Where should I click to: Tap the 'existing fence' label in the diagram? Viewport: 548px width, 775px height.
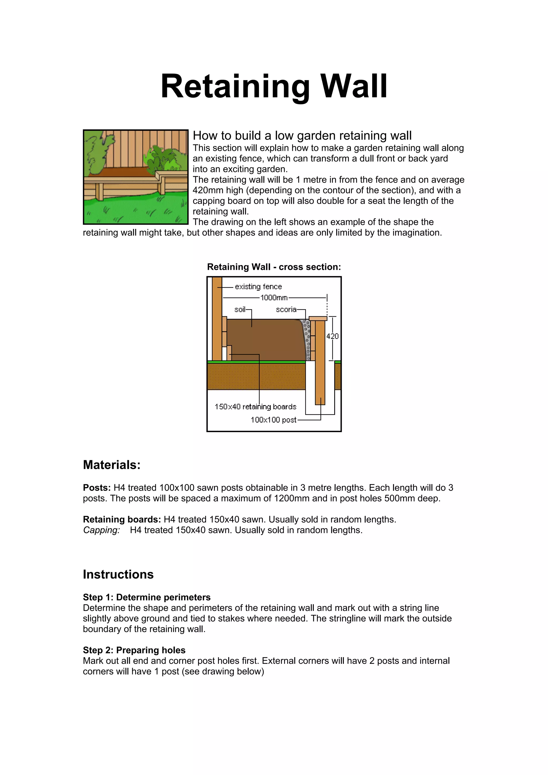(x=258, y=287)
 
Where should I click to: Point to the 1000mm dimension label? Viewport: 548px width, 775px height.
(x=274, y=298)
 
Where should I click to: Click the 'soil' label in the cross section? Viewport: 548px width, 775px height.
(x=240, y=309)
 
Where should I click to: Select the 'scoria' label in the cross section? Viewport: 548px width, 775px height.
(x=286, y=309)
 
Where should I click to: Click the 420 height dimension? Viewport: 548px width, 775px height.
(x=332, y=336)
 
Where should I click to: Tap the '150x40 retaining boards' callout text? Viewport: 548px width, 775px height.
(x=255, y=407)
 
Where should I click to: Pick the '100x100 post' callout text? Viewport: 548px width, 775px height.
(x=273, y=420)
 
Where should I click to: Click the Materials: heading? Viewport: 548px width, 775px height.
(x=111, y=465)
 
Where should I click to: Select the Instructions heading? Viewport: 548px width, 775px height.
(x=118, y=574)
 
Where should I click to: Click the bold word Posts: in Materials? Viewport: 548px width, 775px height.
(x=97, y=488)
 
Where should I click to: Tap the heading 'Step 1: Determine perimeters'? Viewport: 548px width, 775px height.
(x=147, y=597)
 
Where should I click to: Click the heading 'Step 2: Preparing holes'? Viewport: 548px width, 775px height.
(x=134, y=650)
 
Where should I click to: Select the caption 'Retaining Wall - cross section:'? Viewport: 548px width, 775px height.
(x=274, y=267)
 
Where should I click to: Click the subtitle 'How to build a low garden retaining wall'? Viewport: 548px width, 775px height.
(x=302, y=136)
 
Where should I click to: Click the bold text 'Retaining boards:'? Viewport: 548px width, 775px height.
(x=122, y=520)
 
